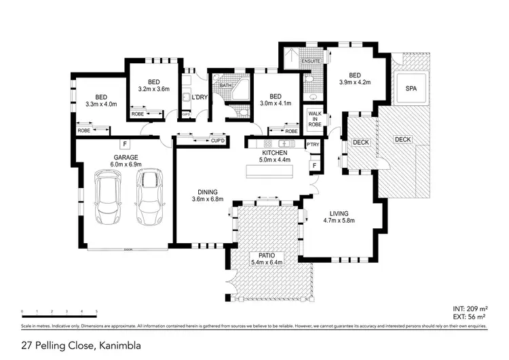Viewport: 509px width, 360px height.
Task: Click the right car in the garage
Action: point(149,197)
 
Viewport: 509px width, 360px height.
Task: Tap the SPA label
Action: point(411,89)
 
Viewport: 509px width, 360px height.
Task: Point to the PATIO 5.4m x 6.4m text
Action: point(266,258)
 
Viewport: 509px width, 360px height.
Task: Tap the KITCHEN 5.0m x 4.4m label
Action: point(276,157)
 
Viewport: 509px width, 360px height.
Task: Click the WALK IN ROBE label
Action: point(314,120)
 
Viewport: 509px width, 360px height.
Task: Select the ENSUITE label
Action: point(310,62)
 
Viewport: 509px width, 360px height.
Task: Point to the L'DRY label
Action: point(199,98)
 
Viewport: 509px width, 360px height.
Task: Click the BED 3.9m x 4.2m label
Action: point(355,79)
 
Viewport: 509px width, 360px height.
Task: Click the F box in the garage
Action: point(125,144)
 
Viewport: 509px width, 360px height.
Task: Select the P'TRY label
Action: point(313,145)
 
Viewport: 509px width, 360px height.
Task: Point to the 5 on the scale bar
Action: point(96,312)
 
